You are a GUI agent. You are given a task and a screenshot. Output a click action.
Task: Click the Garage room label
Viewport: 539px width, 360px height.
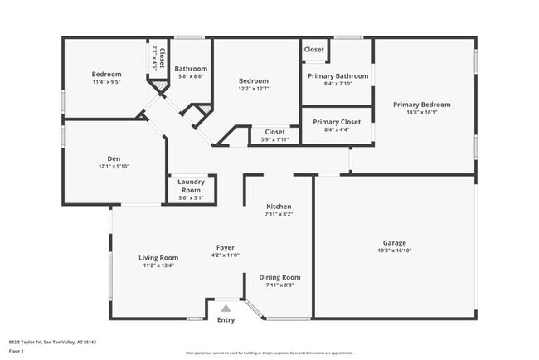tap(394, 242)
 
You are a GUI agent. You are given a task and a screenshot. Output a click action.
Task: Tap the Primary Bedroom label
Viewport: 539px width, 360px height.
tap(421, 105)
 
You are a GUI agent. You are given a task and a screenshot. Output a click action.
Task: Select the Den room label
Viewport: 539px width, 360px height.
tap(114, 158)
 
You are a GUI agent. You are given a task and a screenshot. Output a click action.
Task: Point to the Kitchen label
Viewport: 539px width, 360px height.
tap(278, 206)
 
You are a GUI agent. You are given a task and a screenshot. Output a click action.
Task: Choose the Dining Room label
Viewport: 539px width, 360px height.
tap(279, 277)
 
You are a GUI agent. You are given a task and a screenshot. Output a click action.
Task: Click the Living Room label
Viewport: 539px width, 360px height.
tap(158, 258)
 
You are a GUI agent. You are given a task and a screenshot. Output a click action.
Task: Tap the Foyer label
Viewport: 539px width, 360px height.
tap(225, 247)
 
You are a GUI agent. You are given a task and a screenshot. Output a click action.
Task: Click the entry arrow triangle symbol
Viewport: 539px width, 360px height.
tap(225, 308)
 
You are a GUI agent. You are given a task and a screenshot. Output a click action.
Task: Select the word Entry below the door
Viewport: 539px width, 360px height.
tap(226, 320)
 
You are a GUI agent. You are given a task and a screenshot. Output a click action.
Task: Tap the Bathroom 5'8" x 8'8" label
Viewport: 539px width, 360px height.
tap(190, 69)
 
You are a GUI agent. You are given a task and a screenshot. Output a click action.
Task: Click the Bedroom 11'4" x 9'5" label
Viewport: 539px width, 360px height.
tap(106, 75)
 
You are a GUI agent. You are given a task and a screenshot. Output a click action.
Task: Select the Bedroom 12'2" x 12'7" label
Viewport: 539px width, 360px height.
tap(254, 80)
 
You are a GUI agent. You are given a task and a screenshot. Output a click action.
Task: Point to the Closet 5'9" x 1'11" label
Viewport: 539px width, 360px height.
tap(274, 131)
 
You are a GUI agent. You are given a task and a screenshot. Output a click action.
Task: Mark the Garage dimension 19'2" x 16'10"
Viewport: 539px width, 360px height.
tap(394, 250)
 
